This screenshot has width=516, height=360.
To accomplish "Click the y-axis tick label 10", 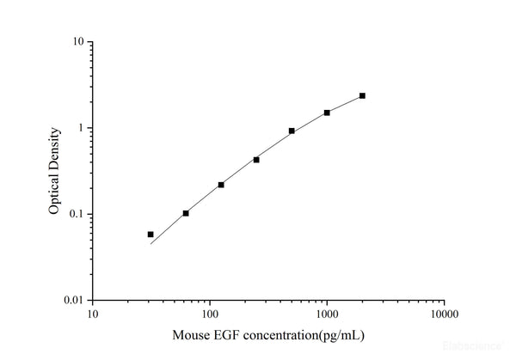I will click(77, 42).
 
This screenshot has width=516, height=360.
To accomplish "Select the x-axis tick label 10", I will click(92, 315).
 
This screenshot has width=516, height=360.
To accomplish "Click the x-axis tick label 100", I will click(210, 315).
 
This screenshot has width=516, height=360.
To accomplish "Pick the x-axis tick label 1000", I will click(327, 315).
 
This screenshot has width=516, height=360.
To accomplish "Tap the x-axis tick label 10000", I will click(444, 315).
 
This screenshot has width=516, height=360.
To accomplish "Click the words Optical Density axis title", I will click(54, 171).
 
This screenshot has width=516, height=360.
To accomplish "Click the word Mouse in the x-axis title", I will click(191, 334).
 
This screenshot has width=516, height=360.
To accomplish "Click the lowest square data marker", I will click(150, 234).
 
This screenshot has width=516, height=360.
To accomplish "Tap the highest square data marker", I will click(362, 95).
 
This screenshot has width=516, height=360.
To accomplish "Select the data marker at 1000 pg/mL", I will click(327, 113).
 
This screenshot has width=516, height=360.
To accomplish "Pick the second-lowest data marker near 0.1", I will click(186, 213).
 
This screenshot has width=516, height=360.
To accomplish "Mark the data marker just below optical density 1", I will click(292, 131).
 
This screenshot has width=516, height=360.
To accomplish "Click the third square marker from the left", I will click(221, 185).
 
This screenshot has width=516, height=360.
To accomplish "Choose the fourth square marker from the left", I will click(256, 160).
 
